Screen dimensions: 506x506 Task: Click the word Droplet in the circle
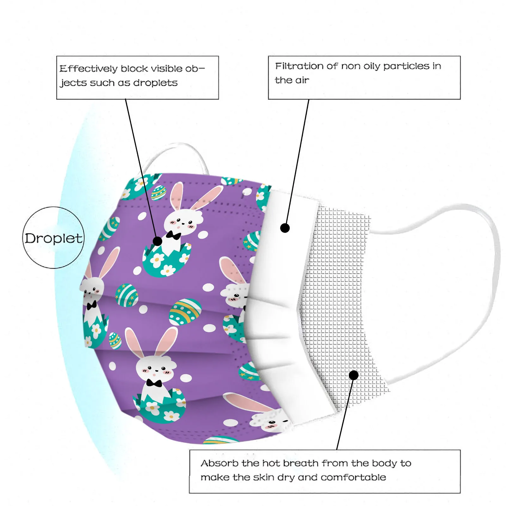click(x=53, y=238)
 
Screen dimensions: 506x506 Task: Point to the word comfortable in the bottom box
click(x=353, y=477)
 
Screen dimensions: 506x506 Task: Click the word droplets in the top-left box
click(x=155, y=83)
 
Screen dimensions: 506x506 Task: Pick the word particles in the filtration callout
click(x=406, y=66)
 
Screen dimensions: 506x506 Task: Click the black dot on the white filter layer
click(x=285, y=228)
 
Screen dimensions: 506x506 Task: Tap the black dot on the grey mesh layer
click(x=354, y=375)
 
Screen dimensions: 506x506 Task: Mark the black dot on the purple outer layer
click(x=157, y=241)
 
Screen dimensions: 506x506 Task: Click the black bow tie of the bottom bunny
click(x=154, y=383)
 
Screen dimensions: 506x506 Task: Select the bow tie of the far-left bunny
click(x=92, y=305)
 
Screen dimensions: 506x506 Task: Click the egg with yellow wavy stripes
click(x=185, y=312)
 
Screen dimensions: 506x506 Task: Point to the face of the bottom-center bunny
click(x=155, y=368)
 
